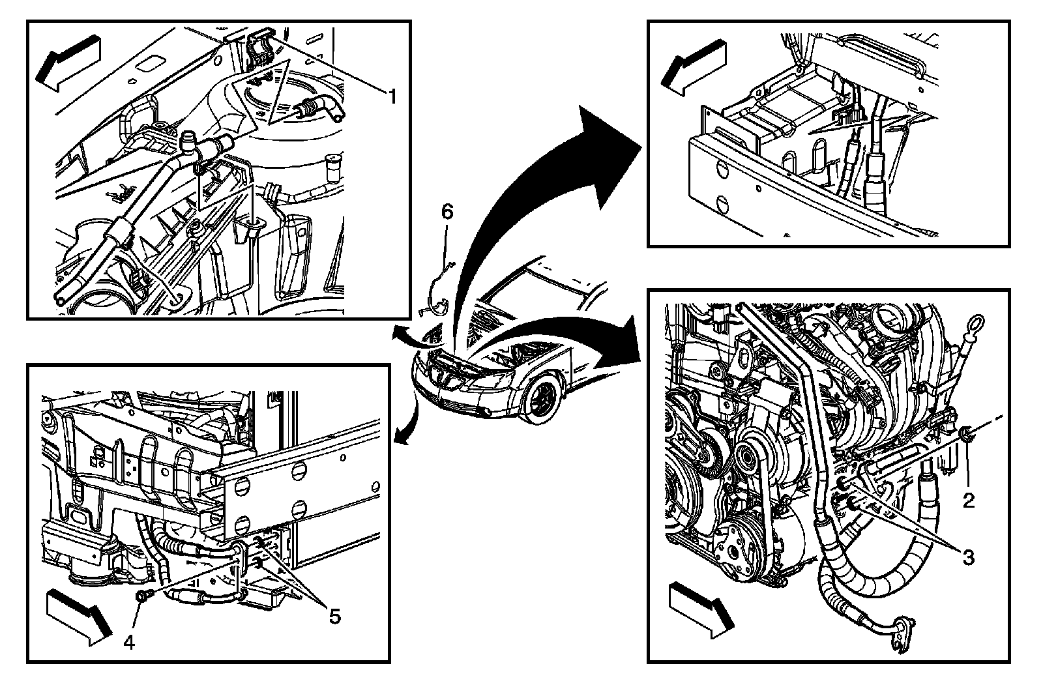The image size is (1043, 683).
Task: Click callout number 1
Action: (392, 98)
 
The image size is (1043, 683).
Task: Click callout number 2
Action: (969, 500)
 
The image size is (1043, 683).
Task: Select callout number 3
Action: (969, 557)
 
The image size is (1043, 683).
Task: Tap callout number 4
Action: (129, 643)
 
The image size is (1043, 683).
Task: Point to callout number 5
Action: (334, 616)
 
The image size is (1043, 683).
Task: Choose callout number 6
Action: (447, 211)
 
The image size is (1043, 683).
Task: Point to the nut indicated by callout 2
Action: (967, 431)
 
